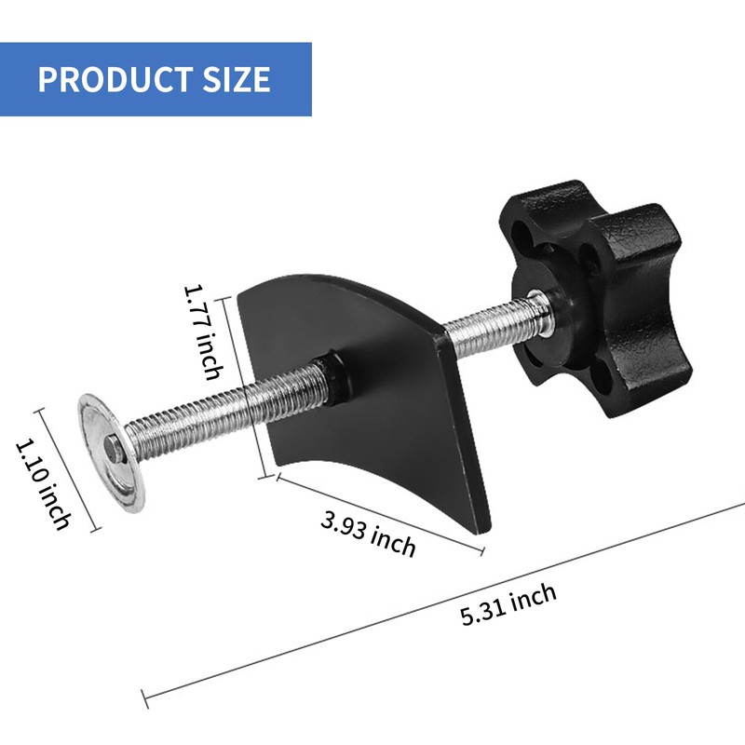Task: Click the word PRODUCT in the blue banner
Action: (x=115, y=79)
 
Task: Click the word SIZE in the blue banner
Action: (x=237, y=79)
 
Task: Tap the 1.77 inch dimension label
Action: (x=203, y=332)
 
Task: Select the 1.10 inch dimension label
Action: (x=44, y=484)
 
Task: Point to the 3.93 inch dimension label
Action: (x=368, y=533)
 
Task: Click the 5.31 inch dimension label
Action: (x=508, y=603)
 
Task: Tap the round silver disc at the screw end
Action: (x=112, y=453)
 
